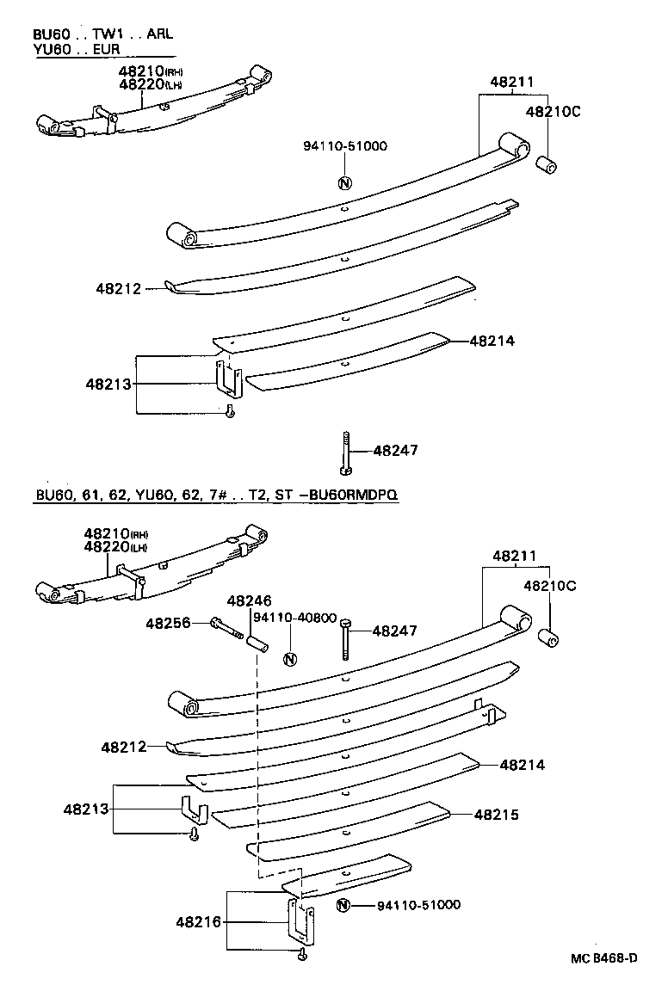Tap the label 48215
click(496, 814)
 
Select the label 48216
click(199, 922)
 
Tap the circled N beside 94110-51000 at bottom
click(343, 905)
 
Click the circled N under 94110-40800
click(290, 660)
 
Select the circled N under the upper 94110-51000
click(344, 182)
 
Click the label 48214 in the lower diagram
click(523, 764)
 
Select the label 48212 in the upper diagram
click(119, 290)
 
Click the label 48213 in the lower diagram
click(85, 809)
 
